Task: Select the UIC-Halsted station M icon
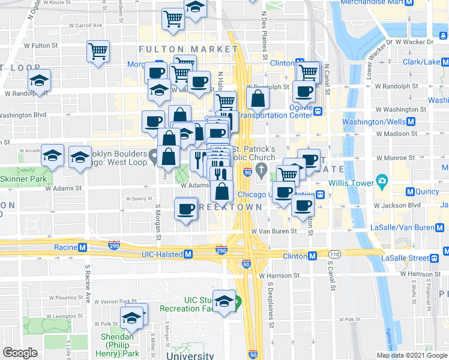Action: point(188,254)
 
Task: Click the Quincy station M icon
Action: point(411,192)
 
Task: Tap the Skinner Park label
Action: point(23,179)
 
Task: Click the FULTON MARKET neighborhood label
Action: point(188,49)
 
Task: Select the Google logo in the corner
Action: point(20,352)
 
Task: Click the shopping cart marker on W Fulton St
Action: point(98,51)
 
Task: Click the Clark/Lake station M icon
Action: point(445,62)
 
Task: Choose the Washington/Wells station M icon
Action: point(412,122)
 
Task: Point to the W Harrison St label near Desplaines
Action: point(279,275)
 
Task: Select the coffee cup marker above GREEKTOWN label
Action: point(186,209)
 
